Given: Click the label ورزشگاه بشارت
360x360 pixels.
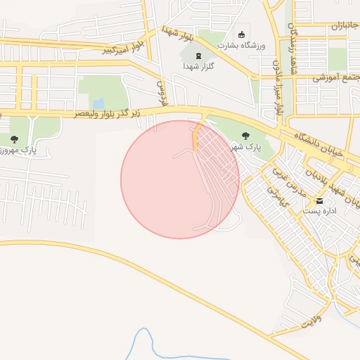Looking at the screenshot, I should tap(240, 46).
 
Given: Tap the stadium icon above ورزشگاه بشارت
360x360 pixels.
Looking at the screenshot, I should tap(242, 34).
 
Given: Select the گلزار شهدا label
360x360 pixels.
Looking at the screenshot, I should tap(198, 65).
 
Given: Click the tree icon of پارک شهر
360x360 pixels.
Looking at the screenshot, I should tap(245, 136).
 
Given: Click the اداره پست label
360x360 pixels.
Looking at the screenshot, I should tap(320, 211).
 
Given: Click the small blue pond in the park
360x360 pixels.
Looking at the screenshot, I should tap(98, 104).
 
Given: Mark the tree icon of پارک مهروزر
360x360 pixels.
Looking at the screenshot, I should tap(15, 140).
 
